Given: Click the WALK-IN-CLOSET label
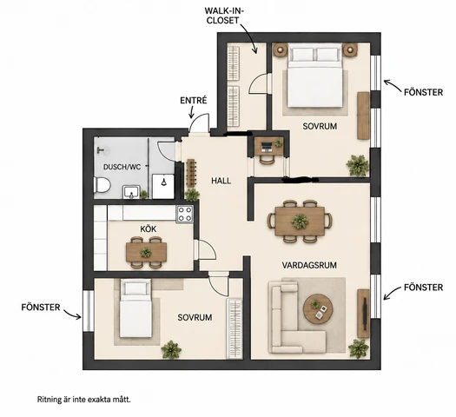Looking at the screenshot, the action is pyautogui.click(x=224, y=16).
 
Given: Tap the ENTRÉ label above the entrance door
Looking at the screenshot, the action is pyautogui.click(x=194, y=101).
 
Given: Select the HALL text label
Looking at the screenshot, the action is pyautogui.click(x=221, y=181).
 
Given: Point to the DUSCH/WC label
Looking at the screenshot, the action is pyautogui.click(x=122, y=167).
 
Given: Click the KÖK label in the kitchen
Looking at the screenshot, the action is pyautogui.click(x=149, y=229).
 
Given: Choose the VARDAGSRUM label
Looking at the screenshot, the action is pyautogui.click(x=309, y=265).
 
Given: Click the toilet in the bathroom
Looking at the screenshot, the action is pyautogui.click(x=102, y=185).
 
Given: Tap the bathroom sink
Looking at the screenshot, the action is pyautogui.click(x=131, y=192).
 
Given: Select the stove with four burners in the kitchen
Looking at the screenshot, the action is pyautogui.click(x=185, y=215).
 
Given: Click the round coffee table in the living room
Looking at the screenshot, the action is pyautogui.click(x=318, y=308).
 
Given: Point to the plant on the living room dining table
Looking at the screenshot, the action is pyautogui.click(x=300, y=222).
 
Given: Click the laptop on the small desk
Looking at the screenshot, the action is pyautogui.click(x=267, y=147).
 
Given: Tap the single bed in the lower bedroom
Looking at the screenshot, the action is pyautogui.click(x=135, y=308).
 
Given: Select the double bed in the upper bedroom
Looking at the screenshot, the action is pyautogui.click(x=314, y=75).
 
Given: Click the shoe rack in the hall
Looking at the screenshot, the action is pyautogui.click(x=191, y=173).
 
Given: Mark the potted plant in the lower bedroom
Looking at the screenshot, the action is pyautogui.click(x=171, y=349).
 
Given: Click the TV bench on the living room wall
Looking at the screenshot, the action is pyautogui.click(x=363, y=314).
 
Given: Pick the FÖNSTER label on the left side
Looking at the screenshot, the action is pyautogui.click(x=41, y=308).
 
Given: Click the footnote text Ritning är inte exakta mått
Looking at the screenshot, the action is pyautogui.click(x=84, y=400).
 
